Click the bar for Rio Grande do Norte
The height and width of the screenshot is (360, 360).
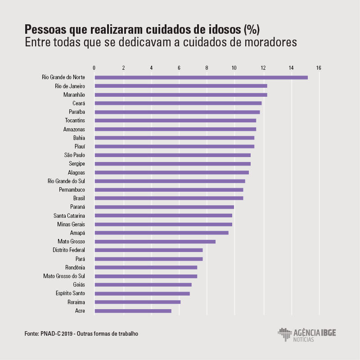(201, 77)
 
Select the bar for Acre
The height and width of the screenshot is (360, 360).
(133, 311)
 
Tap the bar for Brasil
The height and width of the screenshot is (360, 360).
(169, 198)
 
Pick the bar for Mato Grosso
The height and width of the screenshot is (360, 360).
(155, 242)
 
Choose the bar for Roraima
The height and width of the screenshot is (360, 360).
(137, 302)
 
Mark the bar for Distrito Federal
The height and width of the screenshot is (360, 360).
(148, 250)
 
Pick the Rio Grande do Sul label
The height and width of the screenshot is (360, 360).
(66, 181)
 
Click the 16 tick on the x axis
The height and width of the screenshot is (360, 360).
(319, 68)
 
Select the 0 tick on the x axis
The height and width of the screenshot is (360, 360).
(94, 68)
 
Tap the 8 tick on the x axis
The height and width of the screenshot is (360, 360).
(207, 68)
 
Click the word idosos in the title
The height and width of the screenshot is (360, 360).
(221, 30)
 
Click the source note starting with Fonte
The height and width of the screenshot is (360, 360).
(81, 333)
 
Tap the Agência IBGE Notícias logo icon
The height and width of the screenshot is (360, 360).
(284, 334)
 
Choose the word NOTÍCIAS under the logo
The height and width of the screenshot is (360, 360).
(304, 339)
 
